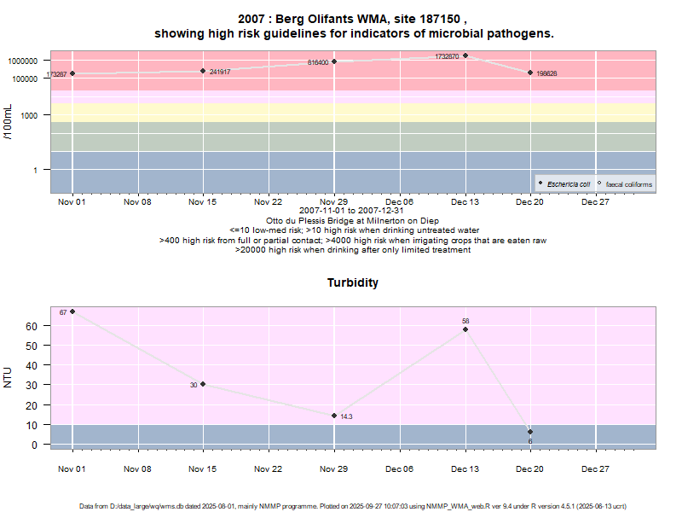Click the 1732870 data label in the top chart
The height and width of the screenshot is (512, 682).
click(x=447, y=56)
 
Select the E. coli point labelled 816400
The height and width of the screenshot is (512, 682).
click(x=334, y=61)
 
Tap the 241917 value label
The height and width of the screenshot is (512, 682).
click(x=220, y=72)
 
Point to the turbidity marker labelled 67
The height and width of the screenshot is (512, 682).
click(x=72, y=311)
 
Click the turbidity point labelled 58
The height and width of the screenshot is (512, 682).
click(x=465, y=329)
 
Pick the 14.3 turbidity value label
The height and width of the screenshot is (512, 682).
click(x=346, y=416)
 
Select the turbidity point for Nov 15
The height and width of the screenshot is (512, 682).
click(x=203, y=384)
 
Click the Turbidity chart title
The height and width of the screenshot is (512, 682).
click(x=353, y=282)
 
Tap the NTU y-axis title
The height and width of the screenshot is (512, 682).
click(x=8, y=376)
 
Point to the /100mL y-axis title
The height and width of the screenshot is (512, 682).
click(x=8, y=121)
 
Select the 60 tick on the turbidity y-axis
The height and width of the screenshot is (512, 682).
click(x=32, y=326)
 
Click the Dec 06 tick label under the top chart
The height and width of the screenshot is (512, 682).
click(x=399, y=202)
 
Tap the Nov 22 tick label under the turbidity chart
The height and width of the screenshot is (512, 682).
click(x=269, y=468)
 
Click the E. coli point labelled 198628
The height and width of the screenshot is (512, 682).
click(x=530, y=73)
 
